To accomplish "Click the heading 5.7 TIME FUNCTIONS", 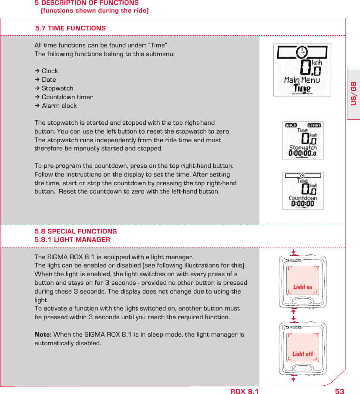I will coord(70,28).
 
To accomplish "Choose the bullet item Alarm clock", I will coord(59,106).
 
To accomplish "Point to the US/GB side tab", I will coord(353,93).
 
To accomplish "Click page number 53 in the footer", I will coord(340,391).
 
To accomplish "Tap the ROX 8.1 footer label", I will coord(244,391).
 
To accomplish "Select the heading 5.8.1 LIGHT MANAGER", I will coord(72,240).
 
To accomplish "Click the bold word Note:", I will coord(43,334).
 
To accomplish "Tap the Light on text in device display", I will coord(303,287).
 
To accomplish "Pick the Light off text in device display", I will coord(303,354).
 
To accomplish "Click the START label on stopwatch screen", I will coord(314,125).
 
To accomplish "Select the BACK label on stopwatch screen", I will coord(291,125).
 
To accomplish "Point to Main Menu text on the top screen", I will coord(302,80).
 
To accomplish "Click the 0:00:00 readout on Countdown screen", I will coord(303,204).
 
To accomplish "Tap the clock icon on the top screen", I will coord(301,53).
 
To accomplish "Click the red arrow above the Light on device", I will coord(294,251).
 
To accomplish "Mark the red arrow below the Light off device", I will coord(294,379).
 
